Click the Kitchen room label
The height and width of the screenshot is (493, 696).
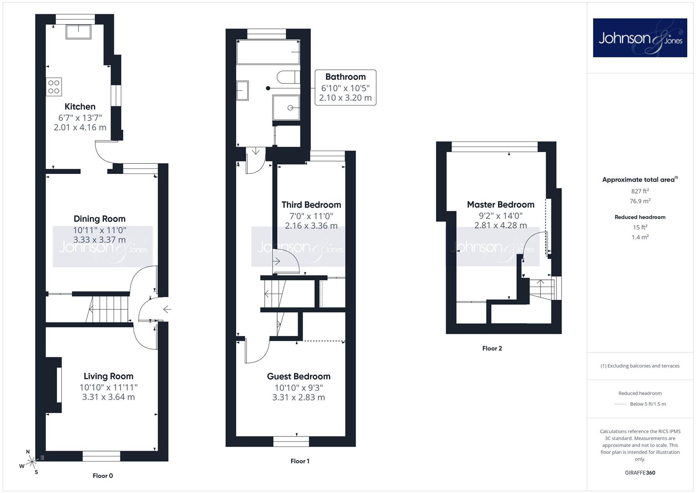click(x=80, y=106)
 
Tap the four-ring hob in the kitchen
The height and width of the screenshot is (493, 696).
click(x=54, y=87)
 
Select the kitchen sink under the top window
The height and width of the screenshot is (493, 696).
click(x=78, y=32)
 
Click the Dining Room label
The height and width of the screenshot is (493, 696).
click(x=99, y=219)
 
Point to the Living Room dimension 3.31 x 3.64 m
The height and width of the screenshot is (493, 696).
click(x=108, y=397)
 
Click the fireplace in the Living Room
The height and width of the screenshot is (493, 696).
click(x=54, y=385)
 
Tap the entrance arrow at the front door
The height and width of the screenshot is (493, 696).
click(x=167, y=309)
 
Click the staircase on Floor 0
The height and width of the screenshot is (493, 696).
click(x=108, y=309)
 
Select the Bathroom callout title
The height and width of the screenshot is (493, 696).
click(x=345, y=77)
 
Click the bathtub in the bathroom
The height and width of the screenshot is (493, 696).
click(x=268, y=52)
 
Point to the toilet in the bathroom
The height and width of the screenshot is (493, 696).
click(x=289, y=77)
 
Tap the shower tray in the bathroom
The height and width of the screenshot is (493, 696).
click(x=286, y=107)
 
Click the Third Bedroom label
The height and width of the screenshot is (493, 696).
click(x=311, y=205)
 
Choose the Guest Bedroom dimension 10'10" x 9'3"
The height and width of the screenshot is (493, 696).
click(x=299, y=388)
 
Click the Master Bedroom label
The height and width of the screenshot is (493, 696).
click(x=500, y=205)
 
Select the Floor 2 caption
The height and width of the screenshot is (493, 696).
click(x=492, y=348)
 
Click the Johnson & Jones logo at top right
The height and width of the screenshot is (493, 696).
click(x=640, y=37)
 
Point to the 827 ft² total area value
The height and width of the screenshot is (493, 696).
click(x=640, y=191)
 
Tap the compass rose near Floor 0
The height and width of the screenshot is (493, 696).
click(x=31, y=462)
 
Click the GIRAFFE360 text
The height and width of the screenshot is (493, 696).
click(x=640, y=472)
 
